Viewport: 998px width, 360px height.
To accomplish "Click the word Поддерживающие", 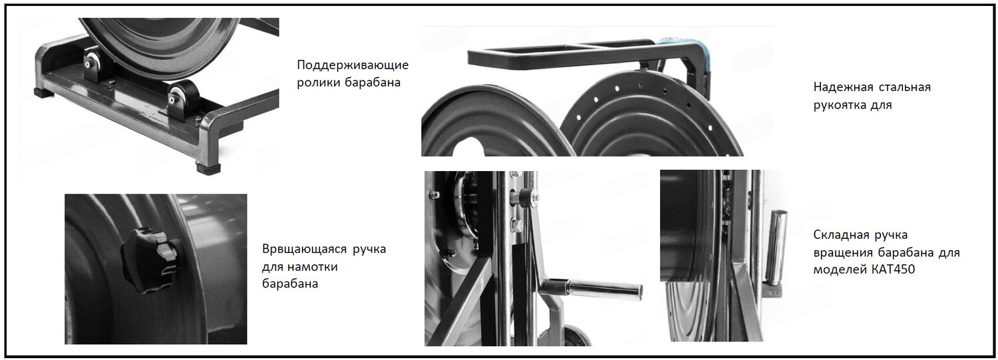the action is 353,65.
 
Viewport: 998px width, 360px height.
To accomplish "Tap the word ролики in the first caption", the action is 319,83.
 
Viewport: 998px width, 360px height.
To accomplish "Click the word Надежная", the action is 843,87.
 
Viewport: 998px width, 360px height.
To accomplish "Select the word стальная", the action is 905,87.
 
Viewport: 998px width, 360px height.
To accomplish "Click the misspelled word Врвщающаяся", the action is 305,249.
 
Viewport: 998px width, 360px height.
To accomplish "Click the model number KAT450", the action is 893,270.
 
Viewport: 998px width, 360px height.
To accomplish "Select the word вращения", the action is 842,253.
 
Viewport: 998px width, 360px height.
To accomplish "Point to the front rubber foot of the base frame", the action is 208,169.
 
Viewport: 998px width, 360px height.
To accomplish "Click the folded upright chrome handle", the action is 775,247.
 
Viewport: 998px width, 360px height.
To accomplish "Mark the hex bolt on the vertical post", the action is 517,226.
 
